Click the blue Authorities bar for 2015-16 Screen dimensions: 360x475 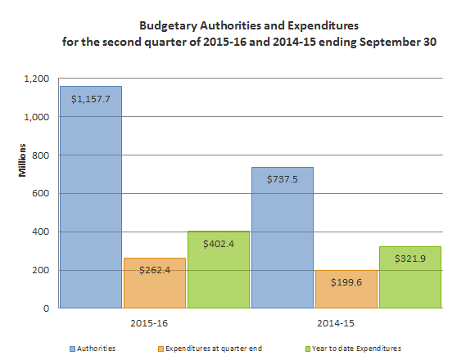(90, 213)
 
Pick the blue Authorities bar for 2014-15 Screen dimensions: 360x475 (283, 245)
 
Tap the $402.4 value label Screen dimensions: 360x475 (218, 245)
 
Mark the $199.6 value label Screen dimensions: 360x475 (346, 283)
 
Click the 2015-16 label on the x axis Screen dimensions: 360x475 (154, 322)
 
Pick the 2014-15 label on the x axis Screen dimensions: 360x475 (346, 322)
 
